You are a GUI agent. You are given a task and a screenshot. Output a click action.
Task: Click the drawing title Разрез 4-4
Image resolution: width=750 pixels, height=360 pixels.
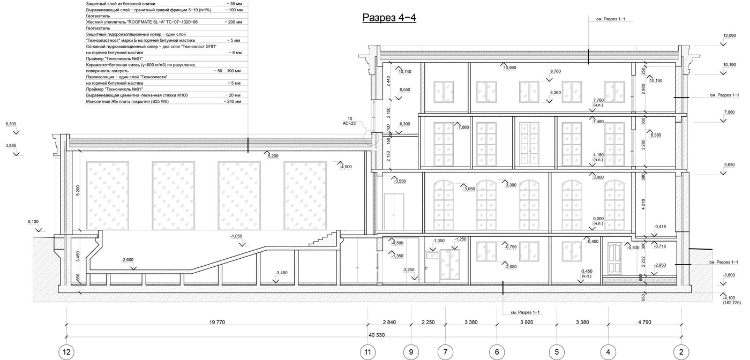pyautogui.click(x=389, y=18)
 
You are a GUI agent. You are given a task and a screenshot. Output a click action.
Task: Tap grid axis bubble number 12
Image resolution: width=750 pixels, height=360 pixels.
pyautogui.click(x=66, y=352)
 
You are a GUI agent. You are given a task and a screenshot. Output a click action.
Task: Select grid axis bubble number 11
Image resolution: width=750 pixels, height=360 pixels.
pyautogui.click(x=367, y=352)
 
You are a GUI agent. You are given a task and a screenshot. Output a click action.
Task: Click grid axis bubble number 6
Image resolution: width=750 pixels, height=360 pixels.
pyautogui.click(x=497, y=352)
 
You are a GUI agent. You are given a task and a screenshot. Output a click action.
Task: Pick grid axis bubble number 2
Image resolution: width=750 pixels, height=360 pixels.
pyautogui.click(x=681, y=352)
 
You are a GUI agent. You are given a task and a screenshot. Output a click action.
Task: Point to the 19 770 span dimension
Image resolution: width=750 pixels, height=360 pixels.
pyautogui.click(x=217, y=322)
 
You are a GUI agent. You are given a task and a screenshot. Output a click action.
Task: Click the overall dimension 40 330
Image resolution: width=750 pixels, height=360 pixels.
pyautogui.click(x=377, y=335)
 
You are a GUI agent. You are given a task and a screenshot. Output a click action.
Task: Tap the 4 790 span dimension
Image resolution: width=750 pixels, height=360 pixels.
pyautogui.click(x=644, y=322)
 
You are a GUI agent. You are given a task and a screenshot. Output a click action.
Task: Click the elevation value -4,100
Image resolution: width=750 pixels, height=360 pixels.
pyautogui.click(x=729, y=298)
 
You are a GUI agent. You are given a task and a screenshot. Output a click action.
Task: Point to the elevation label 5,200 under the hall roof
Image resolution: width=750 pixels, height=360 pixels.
pyautogui.click(x=273, y=156)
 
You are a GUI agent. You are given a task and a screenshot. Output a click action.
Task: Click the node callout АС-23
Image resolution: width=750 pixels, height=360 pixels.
pyautogui.click(x=349, y=124)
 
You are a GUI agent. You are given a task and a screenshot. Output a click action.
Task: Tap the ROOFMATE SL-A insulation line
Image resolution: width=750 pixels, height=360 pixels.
pyautogui.click(x=141, y=22)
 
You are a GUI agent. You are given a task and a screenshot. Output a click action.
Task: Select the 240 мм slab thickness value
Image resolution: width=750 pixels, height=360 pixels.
pyautogui.click(x=232, y=101)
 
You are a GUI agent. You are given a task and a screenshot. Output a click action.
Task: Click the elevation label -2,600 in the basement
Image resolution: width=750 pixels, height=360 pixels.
pyautogui.click(x=127, y=260)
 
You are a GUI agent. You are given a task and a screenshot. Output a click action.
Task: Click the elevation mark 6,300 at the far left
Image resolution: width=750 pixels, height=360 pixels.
pyautogui.click(x=11, y=124)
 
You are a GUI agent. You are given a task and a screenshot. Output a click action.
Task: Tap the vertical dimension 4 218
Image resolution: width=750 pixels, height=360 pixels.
pyautogui.click(x=643, y=204)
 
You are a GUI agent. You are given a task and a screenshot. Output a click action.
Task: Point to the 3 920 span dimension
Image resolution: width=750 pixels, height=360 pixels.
pyautogui.click(x=527, y=322)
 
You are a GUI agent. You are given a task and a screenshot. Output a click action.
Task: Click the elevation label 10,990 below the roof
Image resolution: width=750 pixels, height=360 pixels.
pyautogui.click(x=510, y=68)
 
